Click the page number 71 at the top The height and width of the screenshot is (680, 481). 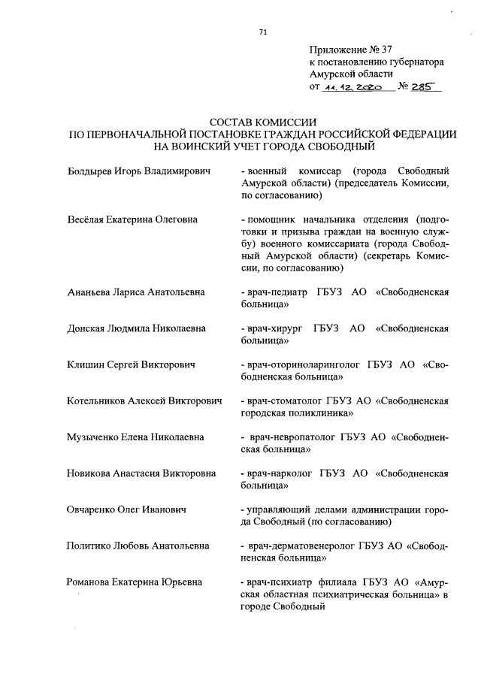click(262, 32)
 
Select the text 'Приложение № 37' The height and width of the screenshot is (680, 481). click(347, 49)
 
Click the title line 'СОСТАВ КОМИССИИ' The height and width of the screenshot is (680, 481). click(262, 121)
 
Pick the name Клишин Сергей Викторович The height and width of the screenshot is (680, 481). click(131, 364)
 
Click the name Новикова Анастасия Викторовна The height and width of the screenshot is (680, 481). click(141, 473)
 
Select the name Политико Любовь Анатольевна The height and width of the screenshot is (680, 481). click(138, 546)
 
